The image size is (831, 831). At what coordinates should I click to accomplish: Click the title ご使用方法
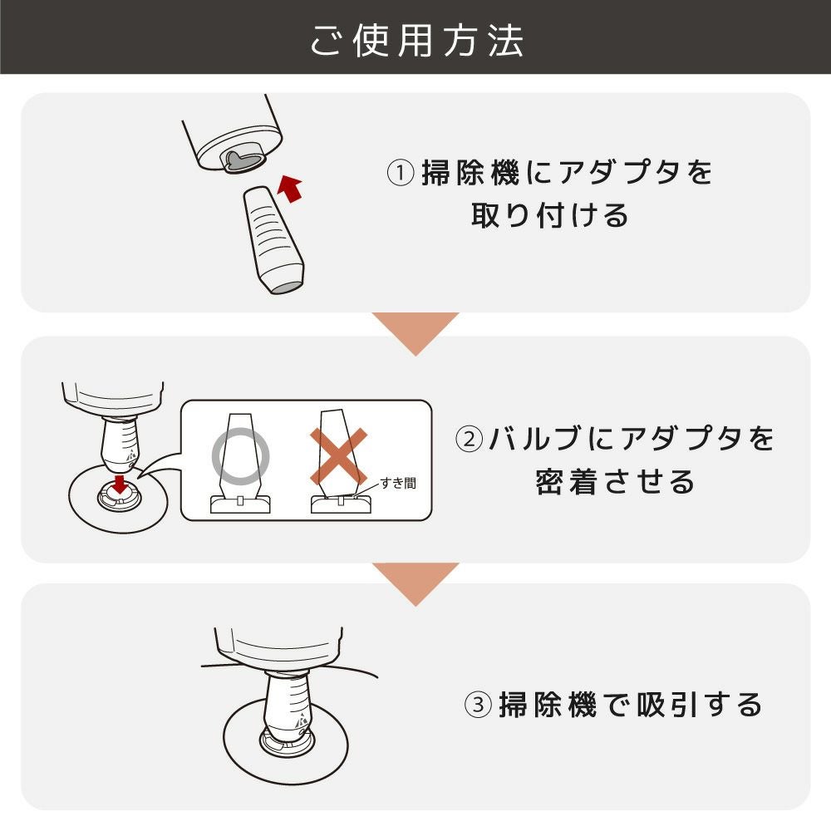click(416, 41)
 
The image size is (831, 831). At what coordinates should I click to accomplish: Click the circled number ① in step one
click(401, 173)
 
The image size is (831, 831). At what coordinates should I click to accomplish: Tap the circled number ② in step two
click(469, 439)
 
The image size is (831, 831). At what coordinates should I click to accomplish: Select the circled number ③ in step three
click(478, 705)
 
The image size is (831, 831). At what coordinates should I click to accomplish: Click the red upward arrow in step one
click(289, 188)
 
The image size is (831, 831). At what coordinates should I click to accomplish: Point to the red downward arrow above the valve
click(120, 484)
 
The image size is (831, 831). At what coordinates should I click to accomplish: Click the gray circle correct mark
click(241, 456)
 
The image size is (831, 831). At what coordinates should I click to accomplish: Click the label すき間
click(398, 483)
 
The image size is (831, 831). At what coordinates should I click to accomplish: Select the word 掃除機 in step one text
click(470, 173)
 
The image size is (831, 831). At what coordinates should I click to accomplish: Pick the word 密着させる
click(615, 482)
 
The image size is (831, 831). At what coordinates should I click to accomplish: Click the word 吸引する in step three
click(699, 705)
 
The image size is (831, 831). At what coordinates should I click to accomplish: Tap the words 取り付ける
click(550, 215)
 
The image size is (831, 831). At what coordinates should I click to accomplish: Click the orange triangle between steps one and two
click(415, 333)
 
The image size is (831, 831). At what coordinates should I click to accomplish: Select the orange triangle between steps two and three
click(415, 584)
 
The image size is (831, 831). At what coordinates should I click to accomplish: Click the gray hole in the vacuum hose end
click(243, 160)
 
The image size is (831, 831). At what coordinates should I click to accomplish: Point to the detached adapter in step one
click(273, 239)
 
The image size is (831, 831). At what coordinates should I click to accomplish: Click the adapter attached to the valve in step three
click(288, 706)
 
